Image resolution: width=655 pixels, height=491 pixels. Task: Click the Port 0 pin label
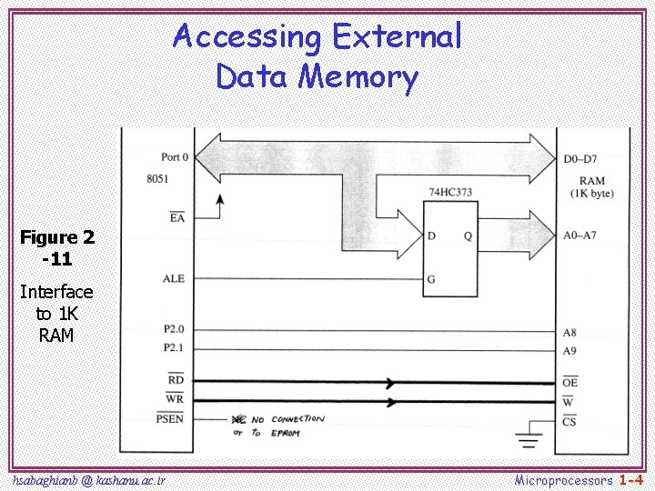pos(174,157)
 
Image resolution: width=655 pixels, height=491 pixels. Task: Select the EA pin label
pos(176,218)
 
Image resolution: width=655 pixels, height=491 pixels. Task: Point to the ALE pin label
pos(173,278)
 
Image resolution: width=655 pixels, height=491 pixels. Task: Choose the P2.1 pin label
pos(173,348)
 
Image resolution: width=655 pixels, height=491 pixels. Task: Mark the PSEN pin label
pos(170,419)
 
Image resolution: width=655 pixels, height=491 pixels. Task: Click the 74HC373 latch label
pos(449,192)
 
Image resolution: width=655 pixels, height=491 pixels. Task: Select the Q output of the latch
pos(468,235)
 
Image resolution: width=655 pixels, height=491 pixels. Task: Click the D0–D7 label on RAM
pos(580,158)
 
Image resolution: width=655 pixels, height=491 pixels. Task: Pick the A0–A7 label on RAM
pos(580,235)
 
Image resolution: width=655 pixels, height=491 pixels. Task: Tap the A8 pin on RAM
pos(570,333)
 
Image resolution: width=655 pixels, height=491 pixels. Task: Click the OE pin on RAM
pos(570,383)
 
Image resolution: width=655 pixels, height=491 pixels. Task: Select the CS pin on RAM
pos(570,421)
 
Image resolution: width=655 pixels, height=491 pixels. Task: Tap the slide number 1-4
pos(631,478)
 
